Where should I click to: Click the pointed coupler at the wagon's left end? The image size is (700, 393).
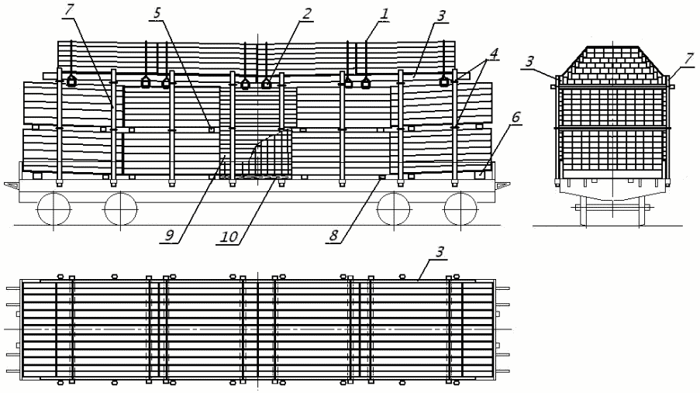[13, 185]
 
